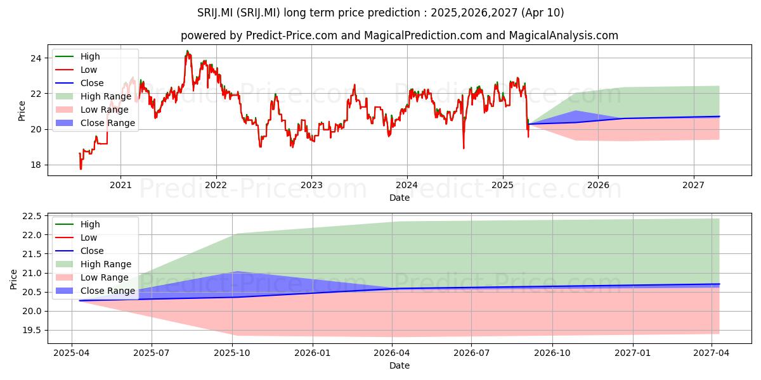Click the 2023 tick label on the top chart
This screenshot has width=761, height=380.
coord(311,185)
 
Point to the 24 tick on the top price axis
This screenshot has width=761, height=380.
coord(36,58)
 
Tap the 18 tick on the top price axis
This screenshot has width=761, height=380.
coord(36,165)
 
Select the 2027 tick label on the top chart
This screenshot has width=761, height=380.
coord(693,185)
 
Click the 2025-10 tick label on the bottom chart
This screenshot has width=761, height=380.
coord(232,353)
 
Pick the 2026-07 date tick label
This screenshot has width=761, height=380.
coord(472,353)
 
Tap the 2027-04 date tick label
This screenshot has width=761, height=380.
coord(711,353)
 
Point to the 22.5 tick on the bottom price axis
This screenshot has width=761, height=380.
coord(32,216)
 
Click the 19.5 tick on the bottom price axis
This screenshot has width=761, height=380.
coord(32,331)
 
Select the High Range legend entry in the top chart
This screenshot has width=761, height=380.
coord(93,96)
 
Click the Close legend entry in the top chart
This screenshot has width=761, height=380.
coord(79,83)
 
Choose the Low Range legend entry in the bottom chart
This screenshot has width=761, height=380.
coord(92,277)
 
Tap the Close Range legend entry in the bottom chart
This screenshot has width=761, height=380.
coord(95,291)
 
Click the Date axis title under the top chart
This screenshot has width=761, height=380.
coord(400,198)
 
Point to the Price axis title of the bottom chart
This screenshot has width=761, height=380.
coord(13,279)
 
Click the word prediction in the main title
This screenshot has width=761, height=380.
coord(394,13)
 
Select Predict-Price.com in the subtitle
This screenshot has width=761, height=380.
coord(292,35)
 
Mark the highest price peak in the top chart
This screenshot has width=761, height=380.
coord(187,51)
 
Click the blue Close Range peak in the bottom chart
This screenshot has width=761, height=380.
coord(236,272)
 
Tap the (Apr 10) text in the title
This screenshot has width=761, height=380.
coord(543,13)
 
